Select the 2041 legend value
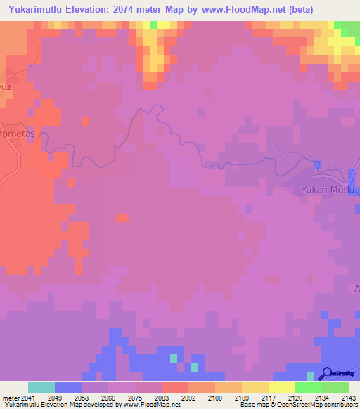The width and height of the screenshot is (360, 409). (27, 397)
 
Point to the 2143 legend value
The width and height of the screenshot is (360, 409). (349, 397)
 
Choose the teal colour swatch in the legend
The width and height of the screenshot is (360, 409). (41, 387)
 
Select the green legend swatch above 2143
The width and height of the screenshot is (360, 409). (335, 387)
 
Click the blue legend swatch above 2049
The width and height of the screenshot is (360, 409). (67, 387)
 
